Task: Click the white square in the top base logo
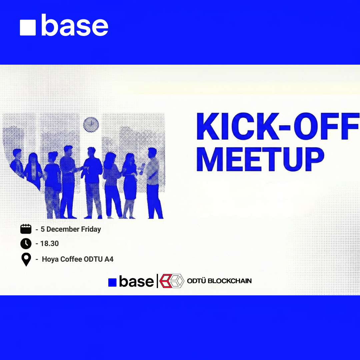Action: coord(28,27)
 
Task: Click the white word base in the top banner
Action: coord(75,25)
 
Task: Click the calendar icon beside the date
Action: coord(26,229)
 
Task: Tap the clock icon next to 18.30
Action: coord(26,244)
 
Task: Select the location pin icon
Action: coord(26,259)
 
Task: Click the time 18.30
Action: coord(49,244)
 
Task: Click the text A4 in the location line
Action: coord(109,259)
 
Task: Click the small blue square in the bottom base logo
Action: coord(112,282)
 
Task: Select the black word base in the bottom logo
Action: coord(136,282)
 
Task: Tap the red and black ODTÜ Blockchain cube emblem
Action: coord(172,281)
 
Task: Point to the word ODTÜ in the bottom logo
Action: coord(196,281)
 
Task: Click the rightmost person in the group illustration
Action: coord(153,183)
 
